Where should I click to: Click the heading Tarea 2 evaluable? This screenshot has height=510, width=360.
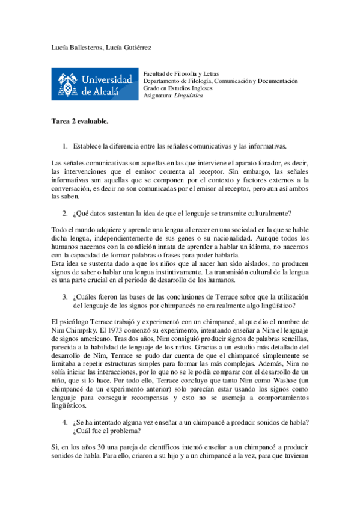coord(80,121)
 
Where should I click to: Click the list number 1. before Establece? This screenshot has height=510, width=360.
coord(65,146)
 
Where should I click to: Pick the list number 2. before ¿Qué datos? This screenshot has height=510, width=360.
coord(65,213)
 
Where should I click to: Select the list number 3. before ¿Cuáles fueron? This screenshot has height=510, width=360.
coord(65,296)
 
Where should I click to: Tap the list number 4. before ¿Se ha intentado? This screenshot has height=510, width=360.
coord(65,422)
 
